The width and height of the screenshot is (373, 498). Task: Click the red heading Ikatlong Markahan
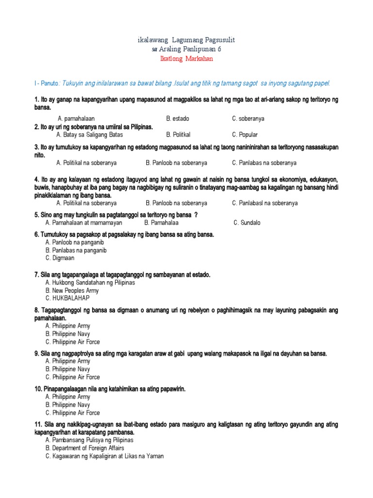(x=186, y=59)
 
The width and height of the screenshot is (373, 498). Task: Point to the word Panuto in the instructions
(x=49, y=83)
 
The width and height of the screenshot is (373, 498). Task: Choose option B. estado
(x=178, y=119)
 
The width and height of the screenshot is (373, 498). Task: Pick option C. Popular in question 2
(x=245, y=135)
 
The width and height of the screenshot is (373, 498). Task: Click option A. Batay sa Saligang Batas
(x=90, y=135)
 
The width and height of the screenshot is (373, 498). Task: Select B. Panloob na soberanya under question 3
(x=176, y=163)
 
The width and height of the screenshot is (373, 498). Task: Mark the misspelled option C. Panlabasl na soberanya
(x=265, y=203)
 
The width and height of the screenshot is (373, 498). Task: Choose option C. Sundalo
(x=247, y=223)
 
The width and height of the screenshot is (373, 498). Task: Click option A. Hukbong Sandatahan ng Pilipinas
(x=90, y=283)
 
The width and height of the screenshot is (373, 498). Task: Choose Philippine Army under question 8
(x=68, y=326)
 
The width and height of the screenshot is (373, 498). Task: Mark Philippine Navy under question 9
(x=68, y=369)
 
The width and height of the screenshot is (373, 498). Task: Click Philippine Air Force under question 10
(x=72, y=413)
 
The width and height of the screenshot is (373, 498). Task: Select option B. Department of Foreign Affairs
(x=85, y=448)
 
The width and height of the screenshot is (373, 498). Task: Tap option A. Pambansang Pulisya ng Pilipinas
(x=89, y=440)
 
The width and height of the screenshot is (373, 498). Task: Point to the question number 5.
(x=36, y=215)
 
